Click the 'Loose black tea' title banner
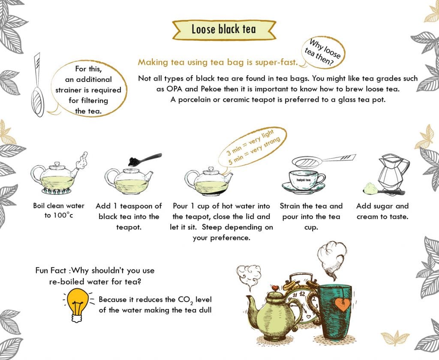pyautogui.click(x=223, y=30)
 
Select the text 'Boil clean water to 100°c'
pyautogui.click(x=59, y=210)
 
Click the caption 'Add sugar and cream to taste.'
pyautogui.click(x=382, y=211)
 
